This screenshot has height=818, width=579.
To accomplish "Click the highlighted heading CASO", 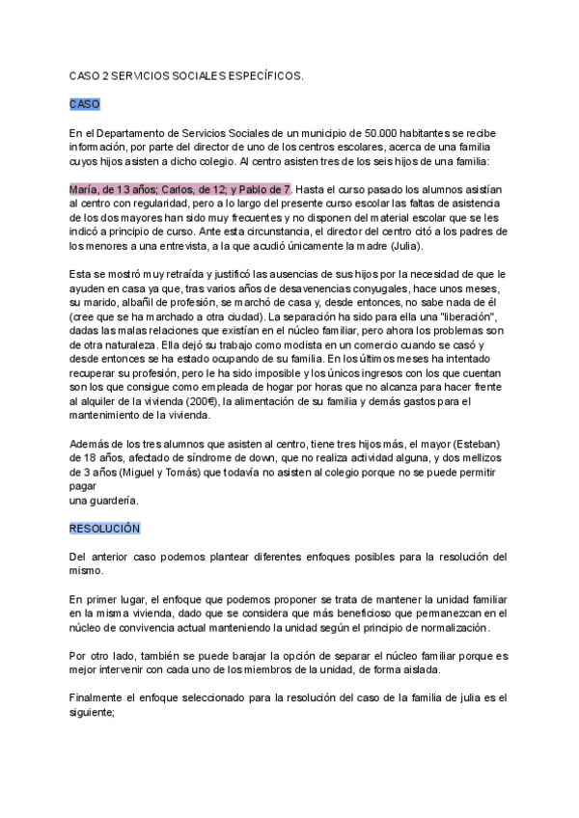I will pos(84,103).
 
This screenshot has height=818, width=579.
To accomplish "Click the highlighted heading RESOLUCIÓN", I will pos(104,529).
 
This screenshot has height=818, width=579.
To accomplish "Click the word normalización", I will pos(443,628).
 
